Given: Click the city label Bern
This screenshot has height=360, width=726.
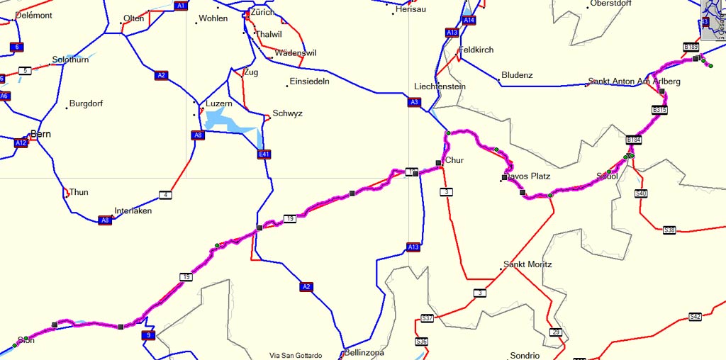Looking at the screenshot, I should pos(40,133).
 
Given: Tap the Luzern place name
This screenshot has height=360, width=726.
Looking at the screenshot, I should pos(218,103).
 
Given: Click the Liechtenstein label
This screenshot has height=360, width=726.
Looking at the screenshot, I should pos(440,86).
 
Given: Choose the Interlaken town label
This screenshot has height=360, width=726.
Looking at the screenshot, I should pos(133,210).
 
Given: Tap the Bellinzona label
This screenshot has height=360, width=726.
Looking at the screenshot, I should pos(367,352).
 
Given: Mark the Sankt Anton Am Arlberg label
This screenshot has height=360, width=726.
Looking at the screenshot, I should pos(634,81).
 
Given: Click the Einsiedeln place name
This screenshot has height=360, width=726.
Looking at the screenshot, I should pos(309,81).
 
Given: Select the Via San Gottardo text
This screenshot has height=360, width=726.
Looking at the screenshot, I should pos(296,356).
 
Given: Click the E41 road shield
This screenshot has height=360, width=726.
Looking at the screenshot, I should pos(264,154).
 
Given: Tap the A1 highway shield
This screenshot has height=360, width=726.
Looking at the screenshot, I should pos(181,6).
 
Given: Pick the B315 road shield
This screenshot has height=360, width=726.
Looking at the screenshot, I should pos(659,110).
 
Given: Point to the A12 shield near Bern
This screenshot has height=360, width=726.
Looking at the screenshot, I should pos(21,143).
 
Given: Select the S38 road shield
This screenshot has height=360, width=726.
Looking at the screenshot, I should pos(669,230).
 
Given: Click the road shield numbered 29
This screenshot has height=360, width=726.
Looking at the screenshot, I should pos(555,332).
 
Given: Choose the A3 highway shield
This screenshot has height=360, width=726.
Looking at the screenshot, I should pos(414,102).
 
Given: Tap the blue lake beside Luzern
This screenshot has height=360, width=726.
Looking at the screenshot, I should pos(230,120).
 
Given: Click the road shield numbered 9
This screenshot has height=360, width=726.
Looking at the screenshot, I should pos(147,335).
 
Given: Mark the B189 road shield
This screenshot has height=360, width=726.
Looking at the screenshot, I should pos(691,47).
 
